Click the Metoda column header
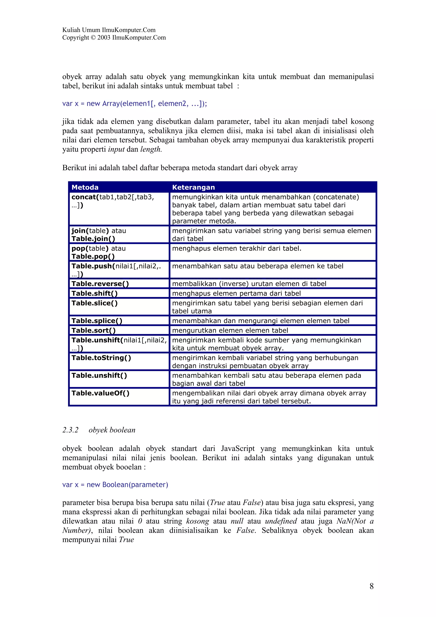click(85, 187)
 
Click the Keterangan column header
click(194, 187)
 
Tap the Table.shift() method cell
click(95, 293)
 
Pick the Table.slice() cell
click(95, 303)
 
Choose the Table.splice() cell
click(97, 321)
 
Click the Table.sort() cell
click(93, 330)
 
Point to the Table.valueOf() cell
click(100, 393)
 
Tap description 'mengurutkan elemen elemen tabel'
click(230, 330)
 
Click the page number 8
click(371, 586)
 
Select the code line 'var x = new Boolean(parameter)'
click(115, 485)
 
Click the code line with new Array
click(134, 103)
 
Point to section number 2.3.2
click(70, 430)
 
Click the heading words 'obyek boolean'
click(112, 430)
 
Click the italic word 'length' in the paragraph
click(151, 149)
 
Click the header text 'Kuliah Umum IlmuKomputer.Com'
click(109, 30)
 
